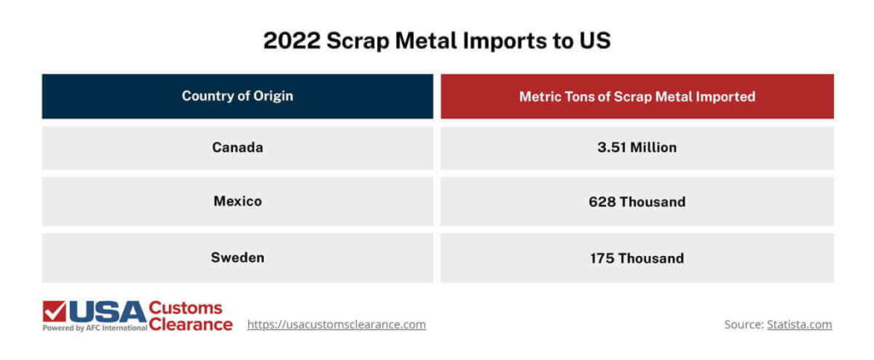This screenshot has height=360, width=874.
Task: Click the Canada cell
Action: [x=237, y=148]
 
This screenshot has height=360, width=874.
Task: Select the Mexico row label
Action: [x=237, y=202]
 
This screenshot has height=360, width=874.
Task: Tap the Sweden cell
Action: [x=237, y=258]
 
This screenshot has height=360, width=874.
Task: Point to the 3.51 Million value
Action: [x=637, y=148]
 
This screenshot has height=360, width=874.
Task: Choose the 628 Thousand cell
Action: [x=637, y=202]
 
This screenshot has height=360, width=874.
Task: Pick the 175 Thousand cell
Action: [x=637, y=258]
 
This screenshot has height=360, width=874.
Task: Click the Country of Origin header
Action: [x=237, y=96]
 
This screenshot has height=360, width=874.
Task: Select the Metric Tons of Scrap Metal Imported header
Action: [x=637, y=96]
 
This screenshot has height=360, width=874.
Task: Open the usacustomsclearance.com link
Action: [x=336, y=325]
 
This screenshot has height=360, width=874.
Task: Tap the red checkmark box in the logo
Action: [x=54, y=311]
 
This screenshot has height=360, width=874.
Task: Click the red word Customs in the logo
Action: [x=185, y=308]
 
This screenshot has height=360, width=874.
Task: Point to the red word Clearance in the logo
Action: [x=190, y=324]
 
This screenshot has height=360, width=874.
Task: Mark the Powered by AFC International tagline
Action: [x=95, y=328]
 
